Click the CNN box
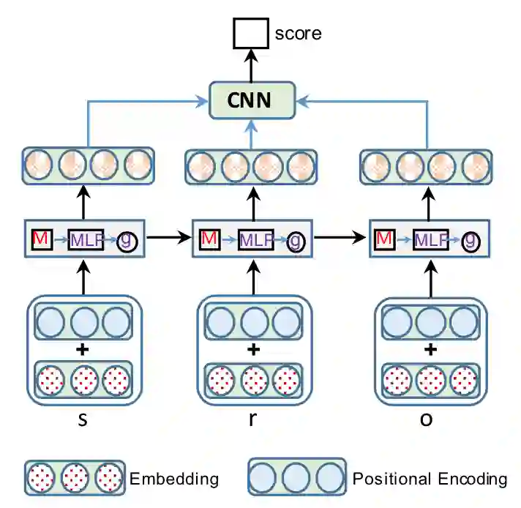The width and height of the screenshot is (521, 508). (252, 100)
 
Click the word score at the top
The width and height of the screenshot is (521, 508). (298, 33)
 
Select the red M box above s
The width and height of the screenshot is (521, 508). (41, 239)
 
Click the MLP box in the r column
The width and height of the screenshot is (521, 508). (255, 239)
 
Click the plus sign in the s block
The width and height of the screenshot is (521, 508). (82, 349)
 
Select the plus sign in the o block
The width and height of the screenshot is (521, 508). (430, 349)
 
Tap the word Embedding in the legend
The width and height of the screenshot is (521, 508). (173, 479)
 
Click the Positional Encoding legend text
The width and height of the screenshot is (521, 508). (430, 479)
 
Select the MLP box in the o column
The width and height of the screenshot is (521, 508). (432, 239)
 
